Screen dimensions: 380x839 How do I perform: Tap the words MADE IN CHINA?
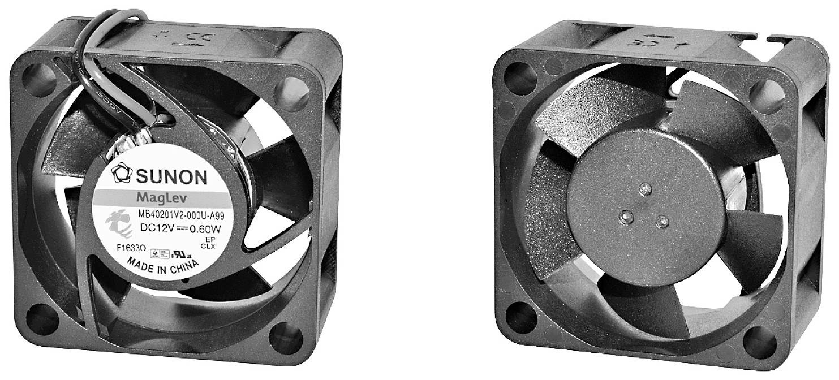tap(161, 268)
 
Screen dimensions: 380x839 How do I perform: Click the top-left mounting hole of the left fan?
tap(38, 72)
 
